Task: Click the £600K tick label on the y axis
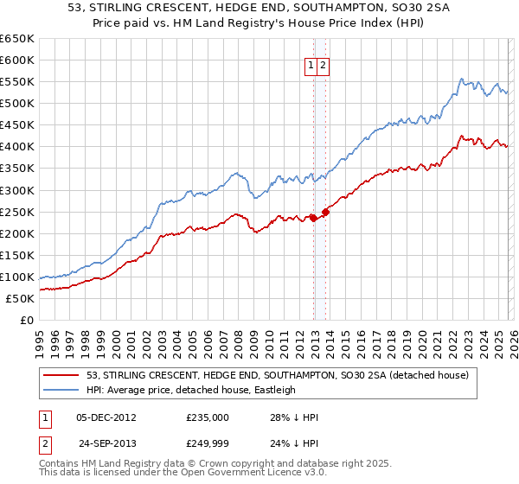[17, 60]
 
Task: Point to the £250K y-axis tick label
[17, 212]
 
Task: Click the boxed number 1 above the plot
[311, 64]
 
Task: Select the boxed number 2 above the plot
[323, 64]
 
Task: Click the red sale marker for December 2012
[312, 218]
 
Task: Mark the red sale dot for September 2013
[325, 212]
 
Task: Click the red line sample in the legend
[61, 375]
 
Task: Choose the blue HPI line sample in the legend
[61, 390]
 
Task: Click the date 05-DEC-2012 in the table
[106, 417]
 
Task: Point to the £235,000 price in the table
[208, 417]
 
